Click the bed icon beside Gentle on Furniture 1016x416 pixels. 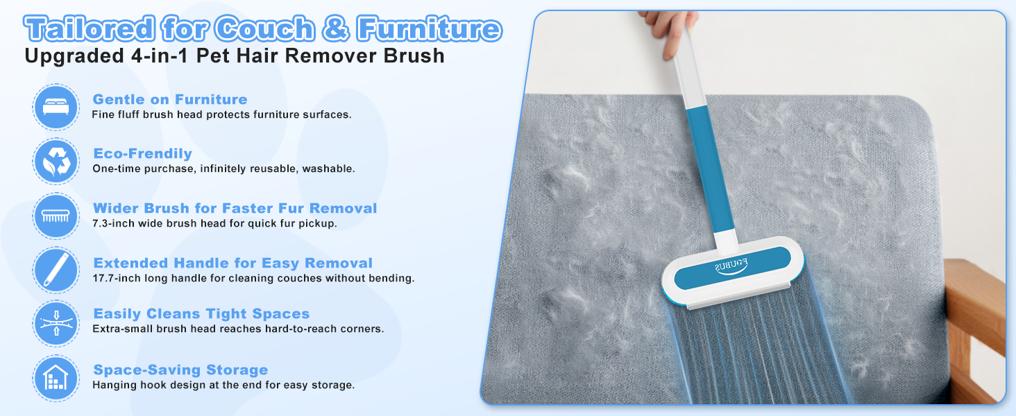pyautogui.click(x=56, y=106)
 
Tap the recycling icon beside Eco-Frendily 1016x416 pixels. pyautogui.click(x=56, y=161)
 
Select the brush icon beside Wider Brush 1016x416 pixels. pyautogui.click(x=56, y=216)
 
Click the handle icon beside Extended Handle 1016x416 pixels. pyautogui.click(x=56, y=270)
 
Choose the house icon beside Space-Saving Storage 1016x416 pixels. pyautogui.click(x=56, y=378)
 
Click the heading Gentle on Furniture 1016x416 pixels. pyautogui.click(x=170, y=99)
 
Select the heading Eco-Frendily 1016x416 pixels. pyautogui.click(x=142, y=154)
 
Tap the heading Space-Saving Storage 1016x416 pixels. pyautogui.click(x=180, y=370)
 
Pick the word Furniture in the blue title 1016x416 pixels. pyautogui.click(x=428, y=29)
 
